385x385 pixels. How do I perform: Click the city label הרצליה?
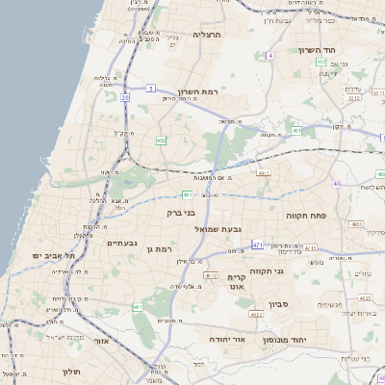[x=208, y=34]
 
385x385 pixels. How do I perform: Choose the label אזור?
[x=102, y=340]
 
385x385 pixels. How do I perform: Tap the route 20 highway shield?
[x=125, y=97]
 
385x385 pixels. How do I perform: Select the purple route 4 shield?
[x=271, y=57]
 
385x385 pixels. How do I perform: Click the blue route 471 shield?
[x=258, y=246]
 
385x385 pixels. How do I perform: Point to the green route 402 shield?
[x=161, y=141]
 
